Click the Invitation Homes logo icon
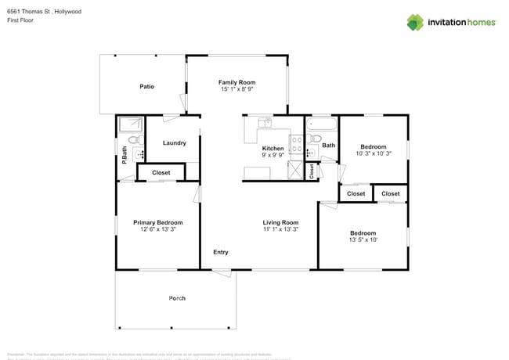tap(415, 22)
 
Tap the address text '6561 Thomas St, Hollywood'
tap(44, 12)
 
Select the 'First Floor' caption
tap(20, 20)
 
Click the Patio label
tap(146, 86)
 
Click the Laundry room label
tap(174, 143)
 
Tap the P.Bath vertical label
tap(124, 155)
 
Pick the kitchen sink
tap(265, 123)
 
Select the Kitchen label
tap(273, 148)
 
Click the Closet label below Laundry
tap(161, 172)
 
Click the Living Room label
tap(280, 223)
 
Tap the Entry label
tap(221, 252)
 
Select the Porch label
tap(177, 298)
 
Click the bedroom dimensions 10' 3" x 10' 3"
tap(373, 154)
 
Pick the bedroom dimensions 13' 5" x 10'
tap(363, 240)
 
